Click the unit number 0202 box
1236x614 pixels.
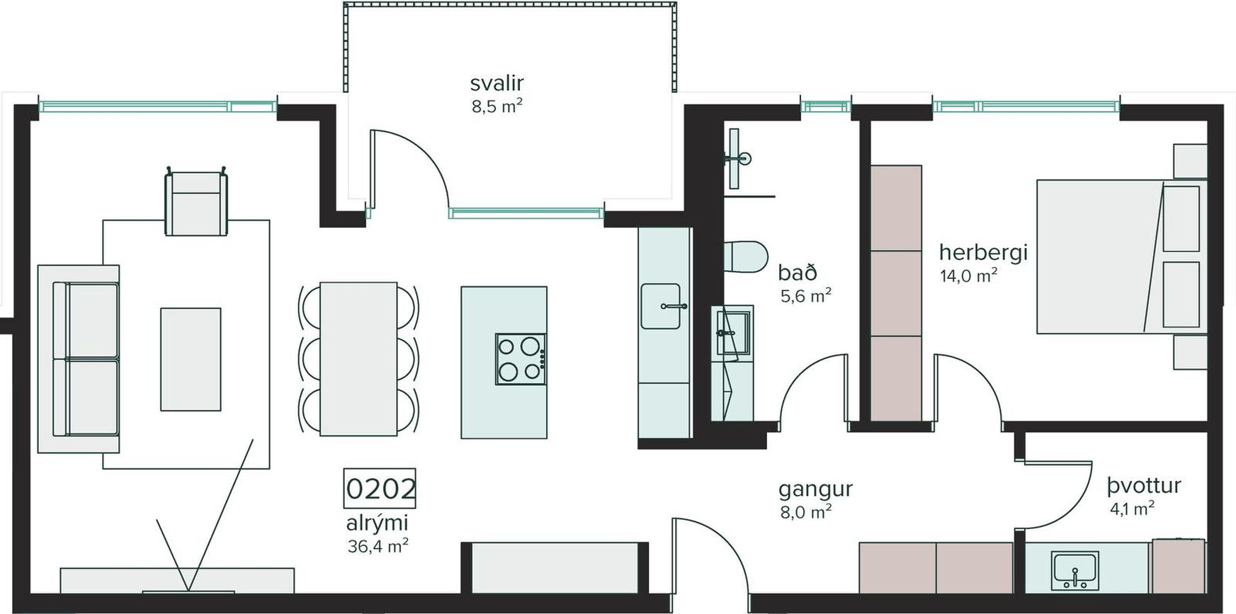coord(380,488)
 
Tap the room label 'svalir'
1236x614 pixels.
coord(497,83)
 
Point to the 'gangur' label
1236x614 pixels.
coord(815,489)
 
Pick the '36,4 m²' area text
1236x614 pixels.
coord(378,546)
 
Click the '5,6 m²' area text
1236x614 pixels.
coord(806,295)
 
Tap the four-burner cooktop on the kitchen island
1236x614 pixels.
coord(521,359)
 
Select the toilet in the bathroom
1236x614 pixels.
coord(746,256)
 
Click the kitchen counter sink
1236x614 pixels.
coord(661,306)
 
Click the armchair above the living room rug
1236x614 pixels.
coord(196,203)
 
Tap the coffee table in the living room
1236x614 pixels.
coord(191,359)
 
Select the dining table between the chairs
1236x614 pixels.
coord(358,359)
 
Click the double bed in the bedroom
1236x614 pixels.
coord(1122,256)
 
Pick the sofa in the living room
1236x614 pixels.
coord(79,359)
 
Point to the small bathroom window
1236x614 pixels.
coord(826,107)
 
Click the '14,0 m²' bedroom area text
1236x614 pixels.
coord(968,275)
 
